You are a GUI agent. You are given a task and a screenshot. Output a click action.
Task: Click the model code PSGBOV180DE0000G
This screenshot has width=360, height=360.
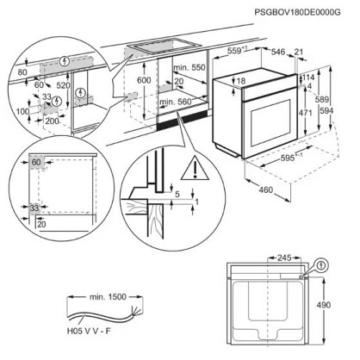click(298, 12)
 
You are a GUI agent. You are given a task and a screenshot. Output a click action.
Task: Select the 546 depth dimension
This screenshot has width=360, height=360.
click(278, 52)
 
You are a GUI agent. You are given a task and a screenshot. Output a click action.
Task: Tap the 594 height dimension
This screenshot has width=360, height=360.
click(326, 110)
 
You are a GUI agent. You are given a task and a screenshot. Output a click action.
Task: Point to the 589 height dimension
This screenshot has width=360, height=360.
click(321, 99)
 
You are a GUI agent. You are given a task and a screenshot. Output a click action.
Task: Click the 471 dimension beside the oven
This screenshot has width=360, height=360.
click(305, 113)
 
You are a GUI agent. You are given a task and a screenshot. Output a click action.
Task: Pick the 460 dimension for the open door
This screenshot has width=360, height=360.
click(266, 189)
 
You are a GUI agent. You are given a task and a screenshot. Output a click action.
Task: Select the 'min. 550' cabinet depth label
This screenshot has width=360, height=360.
click(189, 67)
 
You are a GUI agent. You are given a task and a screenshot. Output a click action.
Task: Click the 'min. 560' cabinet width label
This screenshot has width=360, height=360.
click(176, 102)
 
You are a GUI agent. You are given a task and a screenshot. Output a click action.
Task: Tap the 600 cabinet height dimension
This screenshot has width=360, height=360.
click(144, 80)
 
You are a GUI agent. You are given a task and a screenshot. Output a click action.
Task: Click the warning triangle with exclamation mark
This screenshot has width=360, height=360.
click(195, 168)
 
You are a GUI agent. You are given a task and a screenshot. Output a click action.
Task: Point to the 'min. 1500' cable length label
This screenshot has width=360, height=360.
click(108, 297)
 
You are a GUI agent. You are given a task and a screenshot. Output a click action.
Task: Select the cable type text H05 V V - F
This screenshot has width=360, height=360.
click(89, 331)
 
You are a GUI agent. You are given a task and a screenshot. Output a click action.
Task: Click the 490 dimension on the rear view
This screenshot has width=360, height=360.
click(323, 305)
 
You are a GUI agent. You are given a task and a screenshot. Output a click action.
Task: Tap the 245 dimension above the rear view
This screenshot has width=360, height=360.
click(284, 258)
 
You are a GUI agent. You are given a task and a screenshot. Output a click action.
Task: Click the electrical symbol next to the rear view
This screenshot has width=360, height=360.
click(322, 265)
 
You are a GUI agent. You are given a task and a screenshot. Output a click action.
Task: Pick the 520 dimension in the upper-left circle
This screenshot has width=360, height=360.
click(63, 85)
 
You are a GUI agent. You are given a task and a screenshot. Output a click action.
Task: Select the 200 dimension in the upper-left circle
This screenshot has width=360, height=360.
click(52, 121)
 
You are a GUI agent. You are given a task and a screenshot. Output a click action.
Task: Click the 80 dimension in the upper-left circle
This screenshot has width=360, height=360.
click(22, 71)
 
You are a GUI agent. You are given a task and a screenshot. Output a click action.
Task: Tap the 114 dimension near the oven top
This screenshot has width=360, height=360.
click(307, 77)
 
